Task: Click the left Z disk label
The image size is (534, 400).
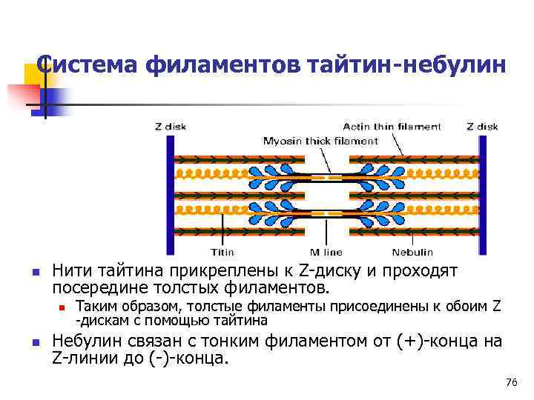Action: [x=171, y=127]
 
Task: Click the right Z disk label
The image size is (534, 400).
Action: [x=482, y=127]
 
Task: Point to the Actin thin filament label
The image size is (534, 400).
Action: [x=392, y=127]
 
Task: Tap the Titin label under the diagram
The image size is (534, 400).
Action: [x=223, y=252]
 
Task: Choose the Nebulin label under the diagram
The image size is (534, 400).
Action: [x=412, y=252]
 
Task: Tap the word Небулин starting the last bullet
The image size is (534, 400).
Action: [x=83, y=341]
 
